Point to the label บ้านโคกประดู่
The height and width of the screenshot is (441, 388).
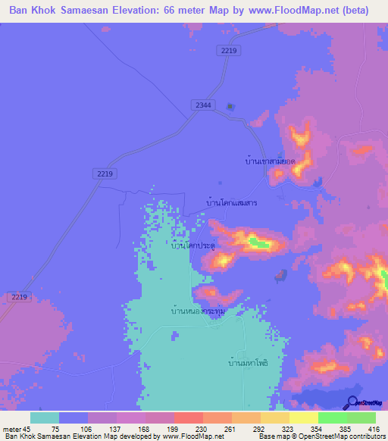pyautogui.click(x=192, y=246)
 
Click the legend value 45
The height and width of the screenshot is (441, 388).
pyautogui.click(x=30, y=428)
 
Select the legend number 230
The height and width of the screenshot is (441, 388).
pyautogui.click(x=189, y=428)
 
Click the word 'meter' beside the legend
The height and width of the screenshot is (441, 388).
pyautogui.click(x=13, y=428)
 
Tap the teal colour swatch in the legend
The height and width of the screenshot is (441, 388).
pyautogui.click(x=45, y=418)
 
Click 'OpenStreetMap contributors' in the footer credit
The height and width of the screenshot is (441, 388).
pyautogui.click(x=343, y=436)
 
